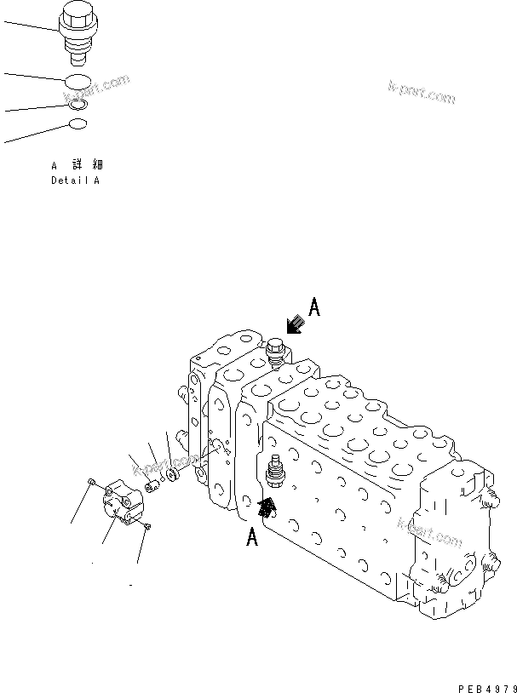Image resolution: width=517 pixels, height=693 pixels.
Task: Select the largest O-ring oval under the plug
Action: [78, 82]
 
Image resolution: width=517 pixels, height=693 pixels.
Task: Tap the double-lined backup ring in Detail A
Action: [78, 104]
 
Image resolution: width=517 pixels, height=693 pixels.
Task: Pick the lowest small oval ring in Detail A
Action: [78, 125]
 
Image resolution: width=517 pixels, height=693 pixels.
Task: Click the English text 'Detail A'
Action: [75, 180]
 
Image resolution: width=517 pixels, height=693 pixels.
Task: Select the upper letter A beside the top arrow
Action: [313, 308]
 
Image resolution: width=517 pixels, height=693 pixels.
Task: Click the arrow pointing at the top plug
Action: [295, 324]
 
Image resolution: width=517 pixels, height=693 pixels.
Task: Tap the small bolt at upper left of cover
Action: [91, 484]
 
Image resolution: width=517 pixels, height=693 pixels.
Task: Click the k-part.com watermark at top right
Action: [422, 92]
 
